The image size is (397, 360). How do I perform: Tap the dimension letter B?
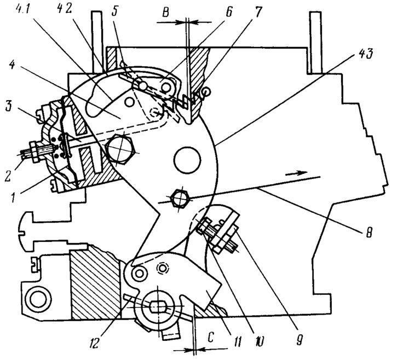165,12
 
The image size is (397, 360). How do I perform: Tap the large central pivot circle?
187,160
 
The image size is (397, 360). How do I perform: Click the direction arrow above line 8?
296,173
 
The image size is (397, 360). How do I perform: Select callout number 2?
8,175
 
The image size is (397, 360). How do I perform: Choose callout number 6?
228,12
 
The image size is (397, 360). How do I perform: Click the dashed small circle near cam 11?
162,268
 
